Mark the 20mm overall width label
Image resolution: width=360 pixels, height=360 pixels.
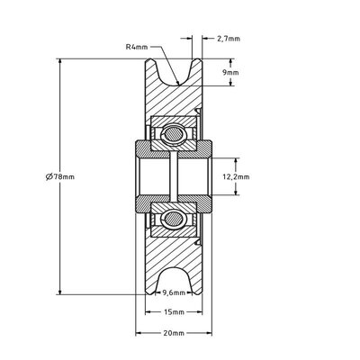[x=174, y=333]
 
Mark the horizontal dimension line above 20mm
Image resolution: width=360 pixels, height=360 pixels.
[x=174, y=325]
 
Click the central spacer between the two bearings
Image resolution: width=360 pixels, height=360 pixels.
[x=174, y=175]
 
